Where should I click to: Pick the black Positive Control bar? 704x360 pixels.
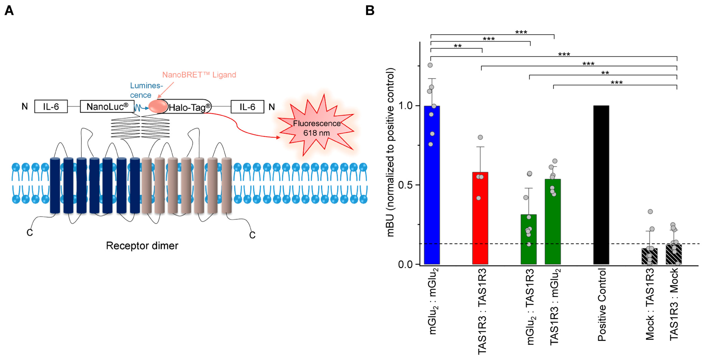pos(601,186)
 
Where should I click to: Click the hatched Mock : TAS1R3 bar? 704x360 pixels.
pos(650,257)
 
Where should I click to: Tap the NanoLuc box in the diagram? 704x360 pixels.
pos(107,106)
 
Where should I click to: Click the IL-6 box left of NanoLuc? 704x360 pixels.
pos(51,106)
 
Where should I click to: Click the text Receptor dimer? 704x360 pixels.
pos(142,246)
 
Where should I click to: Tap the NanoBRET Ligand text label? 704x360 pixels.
pos(199,75)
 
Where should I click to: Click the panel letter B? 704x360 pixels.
pos(370,11)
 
